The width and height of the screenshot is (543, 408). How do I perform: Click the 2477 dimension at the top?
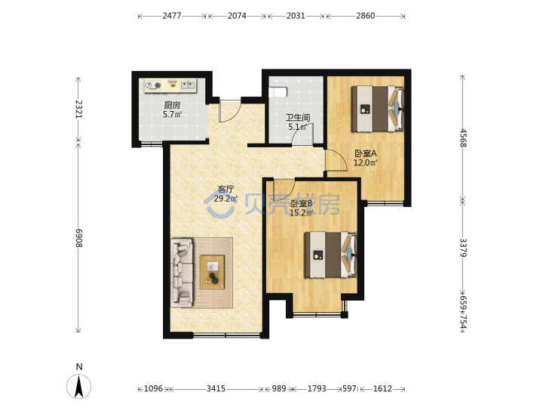(172, 16)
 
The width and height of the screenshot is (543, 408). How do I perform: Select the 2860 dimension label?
(365, 16)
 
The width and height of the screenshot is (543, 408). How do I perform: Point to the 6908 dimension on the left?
(79, 238)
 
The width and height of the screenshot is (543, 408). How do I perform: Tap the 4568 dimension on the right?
(464, 138)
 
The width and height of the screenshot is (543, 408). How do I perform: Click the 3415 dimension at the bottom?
(216, 388)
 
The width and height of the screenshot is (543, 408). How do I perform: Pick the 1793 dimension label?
(317, 388)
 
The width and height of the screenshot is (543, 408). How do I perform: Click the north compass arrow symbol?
(79, 386)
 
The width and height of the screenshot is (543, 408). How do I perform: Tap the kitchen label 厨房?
(172, 105)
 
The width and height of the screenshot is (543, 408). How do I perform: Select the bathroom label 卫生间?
(297, 118)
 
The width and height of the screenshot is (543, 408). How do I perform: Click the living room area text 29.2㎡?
(225, 199)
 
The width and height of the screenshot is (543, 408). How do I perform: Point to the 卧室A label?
(365, 153)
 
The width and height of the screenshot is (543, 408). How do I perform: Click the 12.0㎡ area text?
(365, 162)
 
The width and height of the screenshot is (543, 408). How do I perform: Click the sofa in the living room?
(182, 272)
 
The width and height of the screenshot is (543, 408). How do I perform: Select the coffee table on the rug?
(212, 272)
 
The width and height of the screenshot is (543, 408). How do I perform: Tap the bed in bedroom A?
(378, 109)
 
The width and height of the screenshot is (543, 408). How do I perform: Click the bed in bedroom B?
(331, 255)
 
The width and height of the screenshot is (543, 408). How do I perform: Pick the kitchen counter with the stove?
(170, 85)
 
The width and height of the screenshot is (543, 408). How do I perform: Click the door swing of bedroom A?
(336, 160)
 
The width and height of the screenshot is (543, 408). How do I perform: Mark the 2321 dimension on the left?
(79, 109)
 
